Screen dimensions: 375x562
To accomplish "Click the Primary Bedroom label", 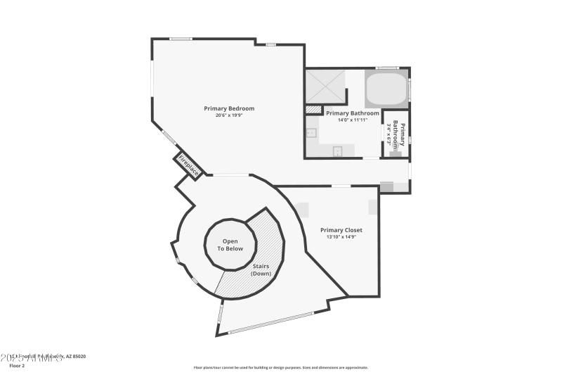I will click(x=229, y=108).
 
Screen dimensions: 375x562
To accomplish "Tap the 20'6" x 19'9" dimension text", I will click(x=229, y=115).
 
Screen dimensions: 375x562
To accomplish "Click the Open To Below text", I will click(x=230, y=244).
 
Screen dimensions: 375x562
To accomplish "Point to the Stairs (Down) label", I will click(x=261, y=269).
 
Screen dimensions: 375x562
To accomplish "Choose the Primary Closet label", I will click(x=341, y=230).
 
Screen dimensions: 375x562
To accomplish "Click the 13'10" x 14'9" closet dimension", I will click(x=341, y=237).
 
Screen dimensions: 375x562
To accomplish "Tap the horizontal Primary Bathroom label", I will click(x=353, y=113).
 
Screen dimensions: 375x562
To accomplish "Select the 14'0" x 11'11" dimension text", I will click(x=353, y=120).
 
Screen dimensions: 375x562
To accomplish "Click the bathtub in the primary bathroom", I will click(x=386, y=89).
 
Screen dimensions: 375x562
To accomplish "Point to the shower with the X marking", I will click(x=325, y=87).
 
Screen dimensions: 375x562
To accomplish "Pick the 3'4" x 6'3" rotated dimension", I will click(x=389, y=133).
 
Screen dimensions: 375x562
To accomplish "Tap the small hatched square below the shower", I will click(x=313, y=110).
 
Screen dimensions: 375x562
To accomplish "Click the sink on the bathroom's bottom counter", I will click(x=337, y=151).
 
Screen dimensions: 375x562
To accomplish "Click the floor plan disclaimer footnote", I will click(x=280, y=367).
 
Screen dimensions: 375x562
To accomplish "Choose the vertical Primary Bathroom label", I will click(x=399, y=134).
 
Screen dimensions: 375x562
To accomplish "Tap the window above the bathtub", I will click(x=387, y=68).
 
